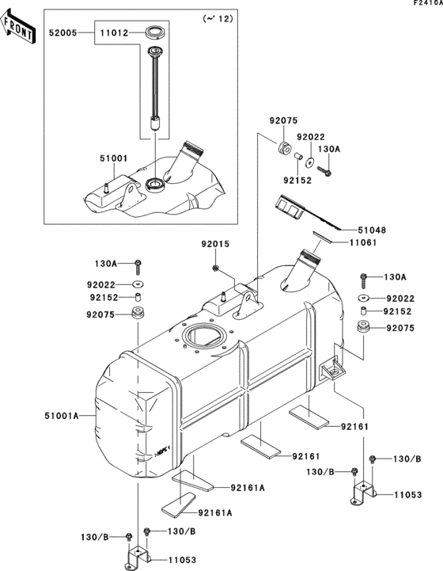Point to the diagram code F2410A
[x=426, y=4]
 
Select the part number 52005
[x=62, y=34]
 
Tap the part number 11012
[x=112, y=34]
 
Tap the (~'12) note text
[x=214, y=18]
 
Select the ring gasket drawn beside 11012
[x=156, y=34]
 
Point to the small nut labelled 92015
[x=215, y=269]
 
